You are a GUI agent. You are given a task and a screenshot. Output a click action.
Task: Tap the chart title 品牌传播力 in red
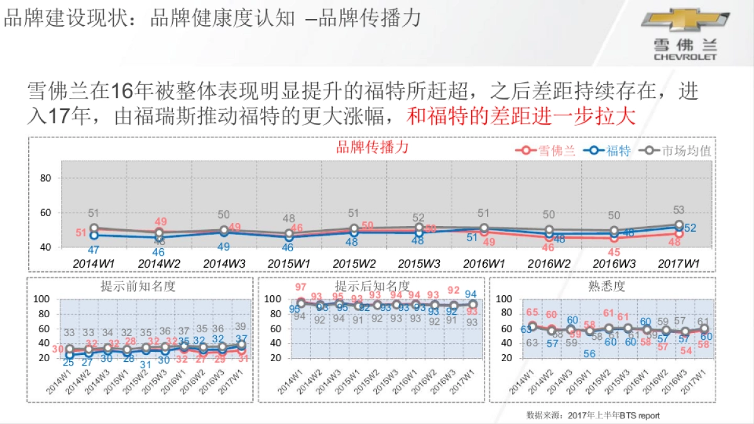(372, 147)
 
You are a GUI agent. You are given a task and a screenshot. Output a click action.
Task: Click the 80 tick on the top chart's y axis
(45, 178)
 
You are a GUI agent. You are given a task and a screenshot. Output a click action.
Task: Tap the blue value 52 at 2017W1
(689, 228)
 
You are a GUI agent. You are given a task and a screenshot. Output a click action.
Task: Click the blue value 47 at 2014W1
(93, 250)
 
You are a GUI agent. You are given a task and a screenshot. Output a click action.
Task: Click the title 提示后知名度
(372, 286)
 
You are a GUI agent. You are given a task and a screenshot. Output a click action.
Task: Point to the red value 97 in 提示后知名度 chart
(301, 287)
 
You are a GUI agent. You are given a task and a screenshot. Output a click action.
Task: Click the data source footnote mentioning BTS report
(593, 415)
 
